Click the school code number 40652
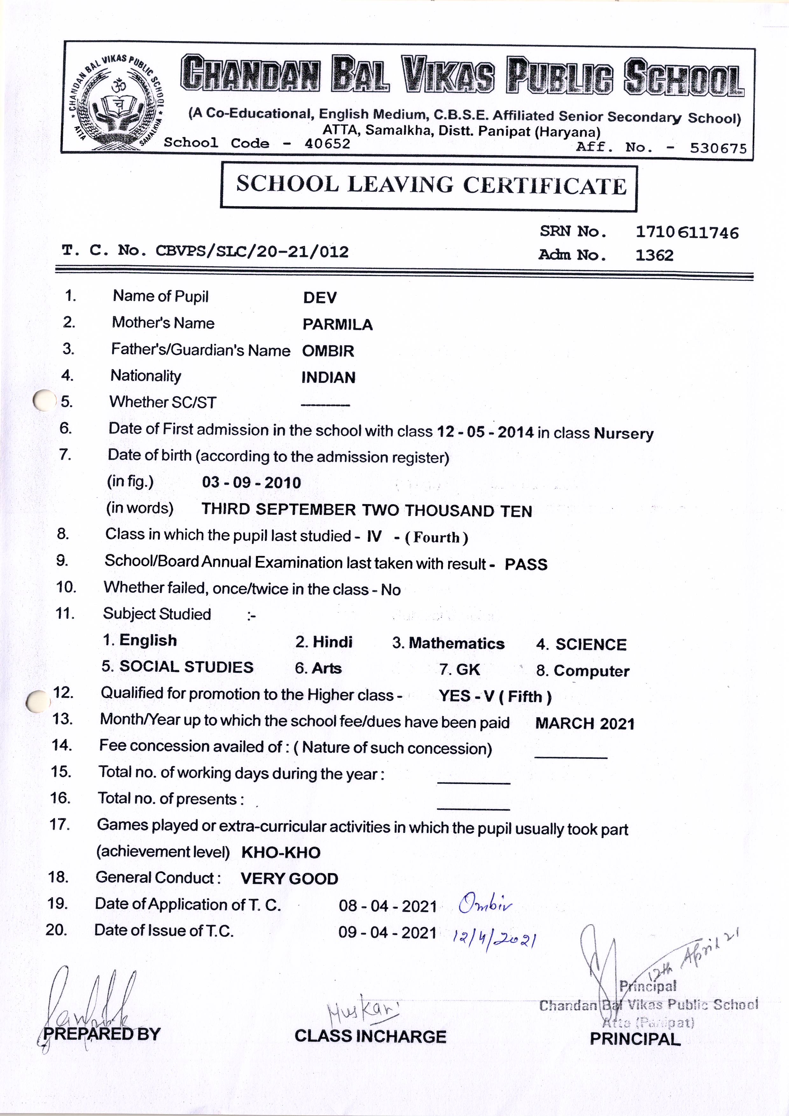coord(327,144)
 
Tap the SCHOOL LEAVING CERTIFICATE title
coord(431,185)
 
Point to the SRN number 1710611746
coord(687,233)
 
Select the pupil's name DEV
coord(319,297)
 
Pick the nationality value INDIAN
coord(328,378)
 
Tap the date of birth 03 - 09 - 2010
coord(251,483)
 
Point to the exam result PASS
coord(526,564)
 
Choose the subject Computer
coord(591,671)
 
